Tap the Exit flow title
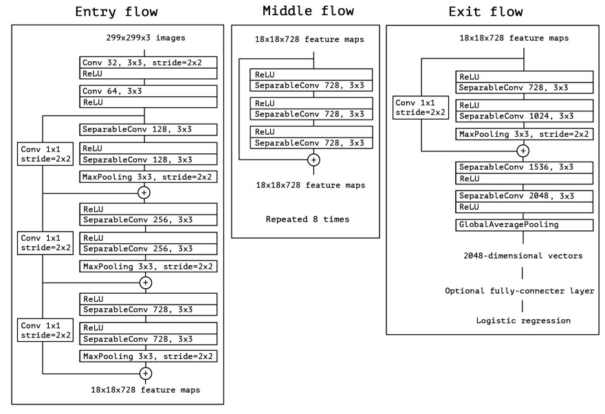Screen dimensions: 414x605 pos(485,12)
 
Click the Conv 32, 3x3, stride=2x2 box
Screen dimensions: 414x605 pos(148,62)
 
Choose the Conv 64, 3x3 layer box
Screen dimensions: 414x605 pos(148,91)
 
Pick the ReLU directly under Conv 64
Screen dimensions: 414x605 pos(148,102)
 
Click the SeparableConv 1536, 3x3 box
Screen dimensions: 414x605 pos(523,167)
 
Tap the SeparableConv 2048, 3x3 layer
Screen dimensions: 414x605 pos(523,196)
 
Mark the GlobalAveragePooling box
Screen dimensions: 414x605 pos(523,225)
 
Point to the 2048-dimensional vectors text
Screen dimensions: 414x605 pos(523,255)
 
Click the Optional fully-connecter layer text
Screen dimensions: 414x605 pos(519,291)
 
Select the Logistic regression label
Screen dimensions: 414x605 pos(523,320)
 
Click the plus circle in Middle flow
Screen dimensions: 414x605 pos(313,160)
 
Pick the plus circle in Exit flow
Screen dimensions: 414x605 pos(523,150)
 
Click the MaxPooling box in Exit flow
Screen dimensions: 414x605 pos(523,134)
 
